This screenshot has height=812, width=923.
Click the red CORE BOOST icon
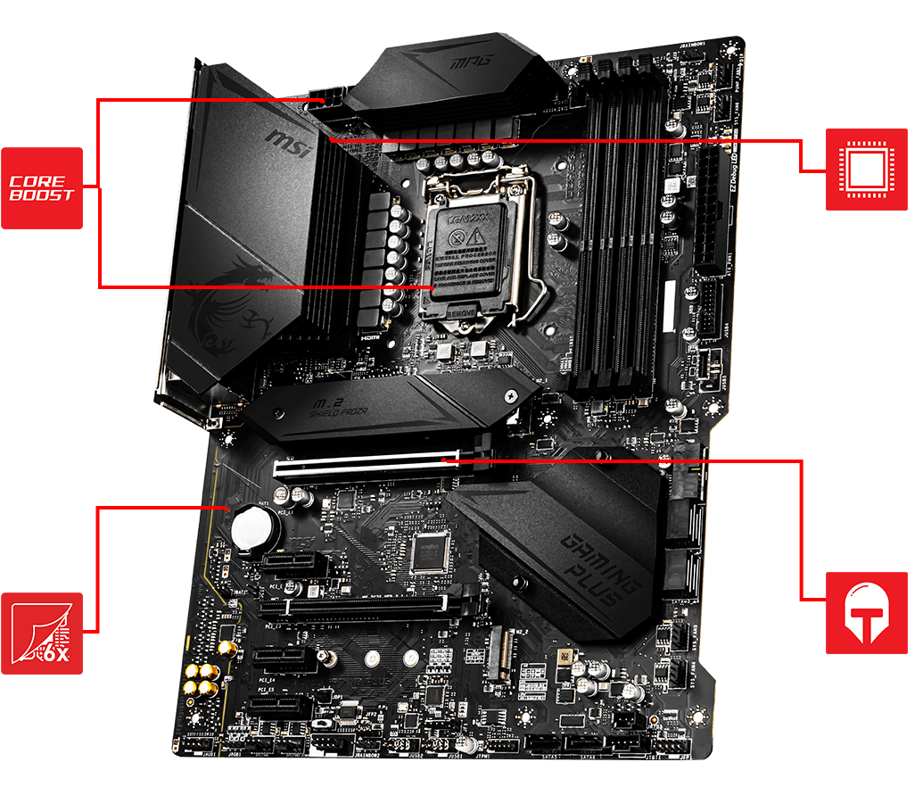pyautogui.click(x=42, y=188)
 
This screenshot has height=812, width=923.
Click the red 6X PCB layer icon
pyautogui.click(x=42, y=634)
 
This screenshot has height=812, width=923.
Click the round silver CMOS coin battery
pyautogui.click(x=253, y=530)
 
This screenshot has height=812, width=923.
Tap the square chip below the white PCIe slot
pyautogui.click(x=428, y=554)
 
